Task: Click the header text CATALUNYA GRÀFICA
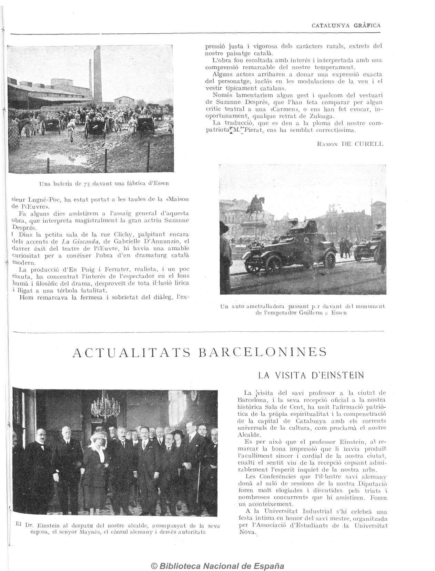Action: point(346,25)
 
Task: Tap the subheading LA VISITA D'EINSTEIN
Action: point(311,375)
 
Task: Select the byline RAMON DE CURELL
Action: point(350,144)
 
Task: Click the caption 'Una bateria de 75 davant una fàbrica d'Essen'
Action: point(104,183)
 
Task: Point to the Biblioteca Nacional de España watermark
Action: point(217,566)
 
